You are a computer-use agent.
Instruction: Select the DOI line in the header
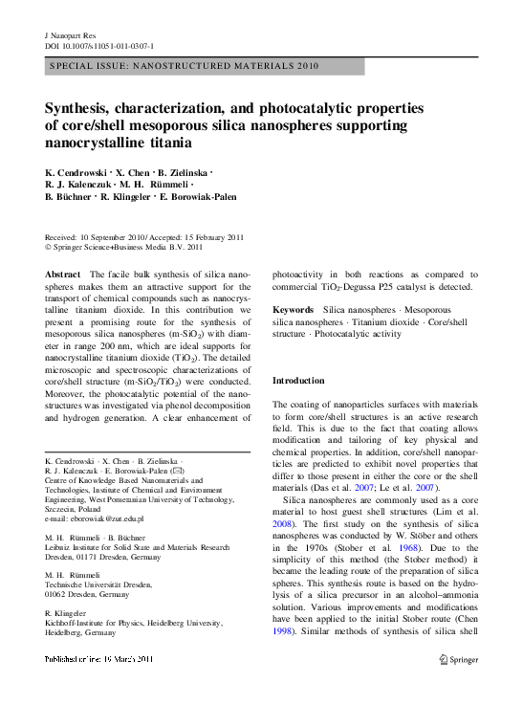pyautogui.click(x=99, y=45)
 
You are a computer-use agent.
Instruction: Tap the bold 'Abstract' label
pyautogui.click(x=63, y=275)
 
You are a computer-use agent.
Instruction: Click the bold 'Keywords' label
pyautogui.click(x=294, y=311)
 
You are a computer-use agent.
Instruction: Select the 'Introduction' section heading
pyautogui.click(x=298, y=381)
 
